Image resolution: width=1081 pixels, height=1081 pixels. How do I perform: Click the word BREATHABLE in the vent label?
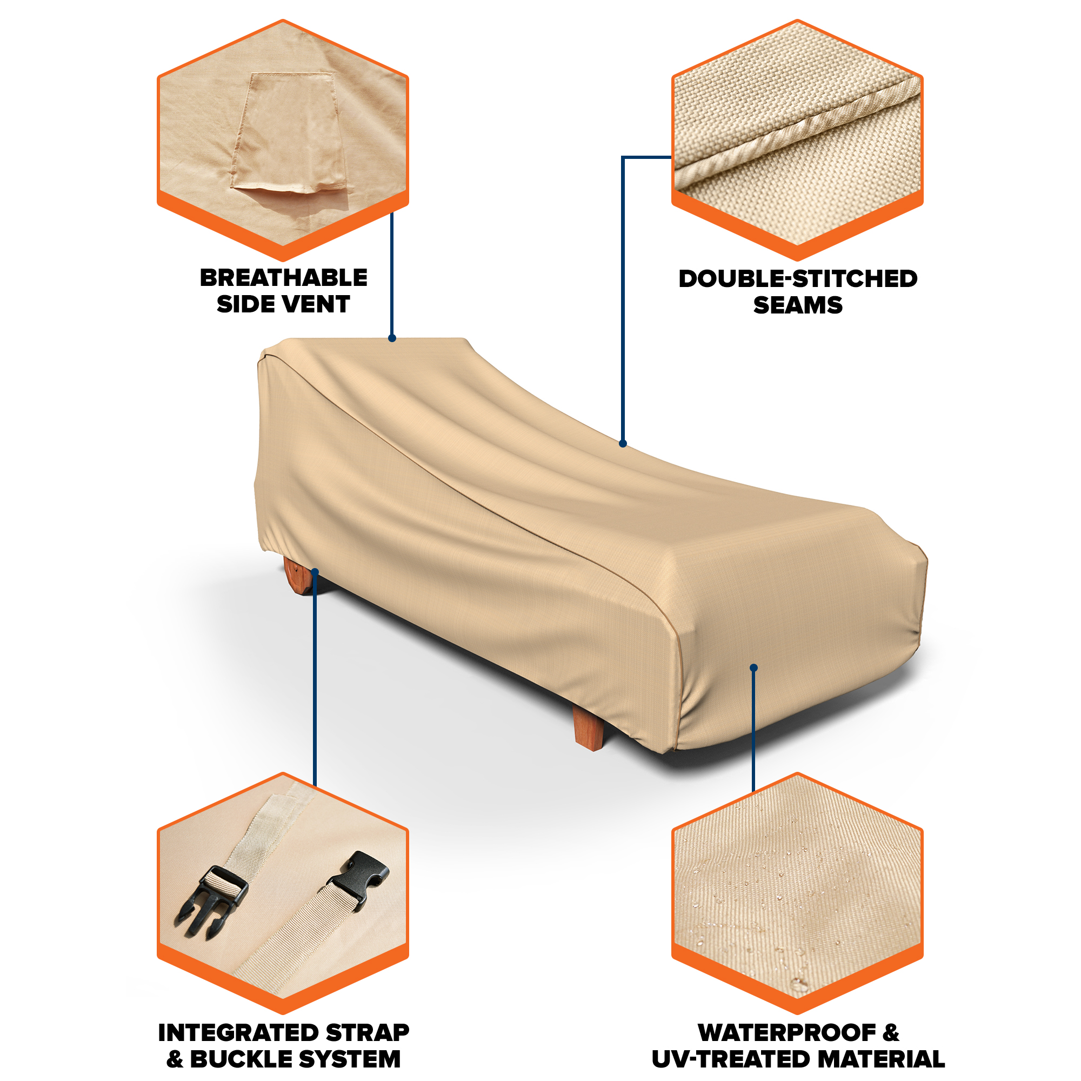(x=284, y=278)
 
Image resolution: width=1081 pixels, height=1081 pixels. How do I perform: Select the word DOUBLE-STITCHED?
(x=798, y=279)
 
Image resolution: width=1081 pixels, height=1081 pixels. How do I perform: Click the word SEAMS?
(x=798, y=305)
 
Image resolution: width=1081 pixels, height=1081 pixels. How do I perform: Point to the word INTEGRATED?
(x=238, y=1033)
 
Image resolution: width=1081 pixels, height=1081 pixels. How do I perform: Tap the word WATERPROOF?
(x=788, y=1033)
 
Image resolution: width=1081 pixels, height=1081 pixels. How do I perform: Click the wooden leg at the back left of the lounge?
(x=298, y=576)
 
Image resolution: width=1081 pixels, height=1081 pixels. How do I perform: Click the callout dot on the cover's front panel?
(x=753, y=668)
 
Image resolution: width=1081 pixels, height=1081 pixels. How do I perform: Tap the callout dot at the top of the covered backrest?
(x=392, y=338)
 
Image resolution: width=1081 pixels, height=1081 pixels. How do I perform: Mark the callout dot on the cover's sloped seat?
(x=623, y=444)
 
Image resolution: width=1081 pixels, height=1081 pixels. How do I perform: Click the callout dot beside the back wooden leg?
(x=315, y=572)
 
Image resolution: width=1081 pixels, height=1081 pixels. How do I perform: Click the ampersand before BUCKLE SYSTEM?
(x=175, y=1059)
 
